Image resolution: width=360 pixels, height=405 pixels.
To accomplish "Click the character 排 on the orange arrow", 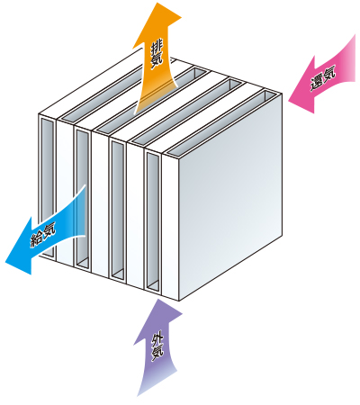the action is pyautogui.click(x=157, y=47).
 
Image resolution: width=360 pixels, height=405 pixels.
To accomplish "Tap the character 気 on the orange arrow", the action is pyautogui.click(x=157, y=60).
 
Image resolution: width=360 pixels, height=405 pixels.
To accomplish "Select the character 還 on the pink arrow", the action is pyautogui.click(x=317, y=82).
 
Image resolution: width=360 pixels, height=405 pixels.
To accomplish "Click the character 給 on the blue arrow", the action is pyautogui.click(x=37, y=238).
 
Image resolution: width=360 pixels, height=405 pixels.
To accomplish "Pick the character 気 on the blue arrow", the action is pyautogui.click(x=49, y=230).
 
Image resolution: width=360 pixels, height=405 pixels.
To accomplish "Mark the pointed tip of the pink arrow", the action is pyautogui.click(x=289, y=102).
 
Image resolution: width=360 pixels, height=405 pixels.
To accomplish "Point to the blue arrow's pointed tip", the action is pyautogui.click(x=5, y=262).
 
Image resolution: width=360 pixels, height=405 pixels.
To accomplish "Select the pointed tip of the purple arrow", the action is pyautogui.click(x=157, y=300).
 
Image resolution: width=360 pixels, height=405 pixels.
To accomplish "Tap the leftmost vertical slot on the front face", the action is pyautogui.click(x=48, y=187).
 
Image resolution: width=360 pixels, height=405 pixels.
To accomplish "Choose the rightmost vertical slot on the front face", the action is pyautogui.click(x=153, y=220).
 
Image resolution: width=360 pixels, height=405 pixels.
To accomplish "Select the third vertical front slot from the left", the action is pyautogui.click(x=118, y=210).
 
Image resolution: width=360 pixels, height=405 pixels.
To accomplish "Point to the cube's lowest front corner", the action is pyautogui.click(x=179, y=301).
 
